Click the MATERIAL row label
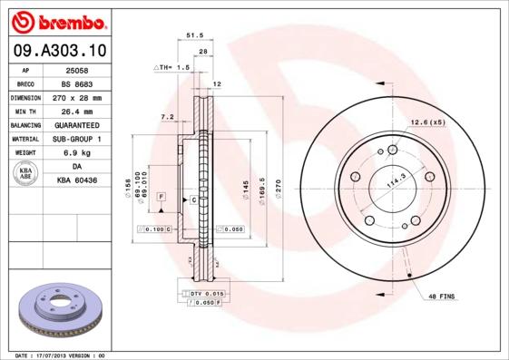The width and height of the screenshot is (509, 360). tap(24, 139)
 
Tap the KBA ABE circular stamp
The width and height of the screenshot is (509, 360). tap(24, 174)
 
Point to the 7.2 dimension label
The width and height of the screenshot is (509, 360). tap(167, 117)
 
